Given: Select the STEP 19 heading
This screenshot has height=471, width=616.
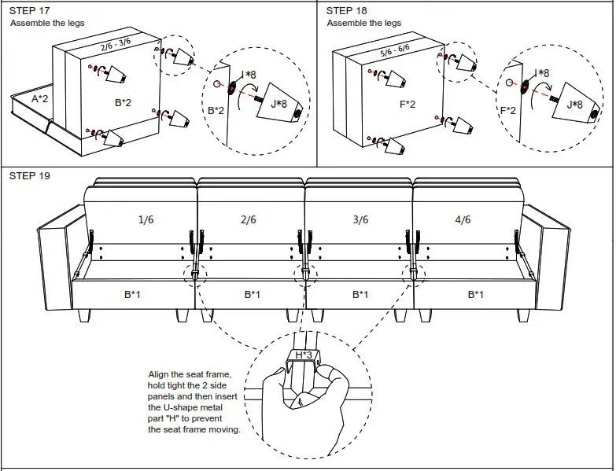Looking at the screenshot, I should [x=29, y=175].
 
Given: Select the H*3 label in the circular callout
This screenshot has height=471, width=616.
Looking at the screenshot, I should [x=304, y=355].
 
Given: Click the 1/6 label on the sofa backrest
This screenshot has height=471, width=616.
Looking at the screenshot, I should [x=146, y=220].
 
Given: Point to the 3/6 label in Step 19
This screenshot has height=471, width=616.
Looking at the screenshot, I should [x=360, y=220].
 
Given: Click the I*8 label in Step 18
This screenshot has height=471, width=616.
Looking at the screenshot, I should [x=542, y=73].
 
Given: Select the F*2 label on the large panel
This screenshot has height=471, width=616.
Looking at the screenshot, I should [x=407, y=104].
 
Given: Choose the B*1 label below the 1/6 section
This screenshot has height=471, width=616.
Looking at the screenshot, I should [x=132, y=295].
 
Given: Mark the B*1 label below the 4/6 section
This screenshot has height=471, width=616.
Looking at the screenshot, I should [x=475, y=295].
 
